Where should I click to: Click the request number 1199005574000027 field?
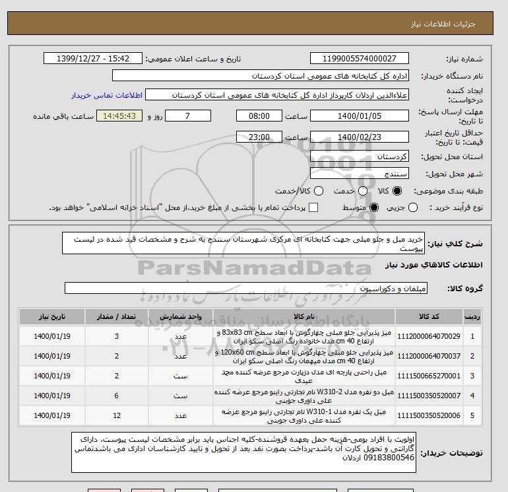tap(359, 59)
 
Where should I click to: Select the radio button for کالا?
tap(397, 191)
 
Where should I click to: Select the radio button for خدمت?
tap(357, 191)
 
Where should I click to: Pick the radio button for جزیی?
tap(414, 208)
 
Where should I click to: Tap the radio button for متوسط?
tap(373, 208)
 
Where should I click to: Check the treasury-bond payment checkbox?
tap(313, 208)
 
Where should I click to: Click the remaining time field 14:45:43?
tap(119, 116)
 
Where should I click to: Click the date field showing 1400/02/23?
tap(359, 137)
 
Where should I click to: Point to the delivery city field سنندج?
tap(359, 174)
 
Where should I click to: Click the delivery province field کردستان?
tap(359, 157)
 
